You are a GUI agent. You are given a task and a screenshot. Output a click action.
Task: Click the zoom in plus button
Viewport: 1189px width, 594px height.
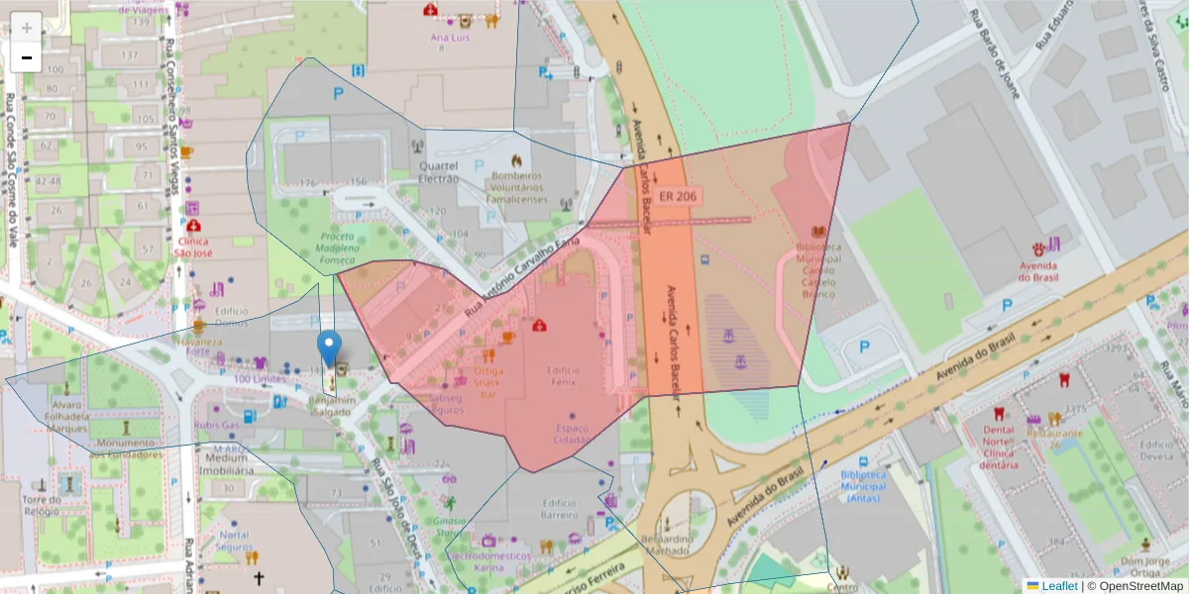26,27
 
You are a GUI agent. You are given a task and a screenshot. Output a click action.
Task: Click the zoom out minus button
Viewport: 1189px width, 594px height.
26,57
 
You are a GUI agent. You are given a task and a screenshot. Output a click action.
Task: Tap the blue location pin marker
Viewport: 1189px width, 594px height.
329,349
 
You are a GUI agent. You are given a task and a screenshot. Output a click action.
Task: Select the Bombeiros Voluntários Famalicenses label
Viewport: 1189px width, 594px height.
515,187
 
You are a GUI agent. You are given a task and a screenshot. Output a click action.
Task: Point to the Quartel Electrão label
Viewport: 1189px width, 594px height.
439,172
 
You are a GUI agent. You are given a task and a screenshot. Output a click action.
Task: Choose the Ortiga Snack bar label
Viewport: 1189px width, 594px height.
487,383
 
